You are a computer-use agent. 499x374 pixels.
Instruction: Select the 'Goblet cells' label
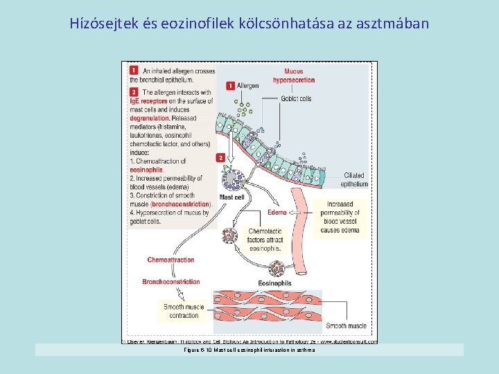(x=296, y=99)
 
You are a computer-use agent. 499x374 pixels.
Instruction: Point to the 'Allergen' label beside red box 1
(x=247, y=86)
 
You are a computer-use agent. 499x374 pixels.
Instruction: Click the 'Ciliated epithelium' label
(x=353, y=180)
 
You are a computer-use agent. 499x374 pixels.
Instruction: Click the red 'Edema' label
(x=277, y=212)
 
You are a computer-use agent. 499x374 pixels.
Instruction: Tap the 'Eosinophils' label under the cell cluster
(x=274, y=284)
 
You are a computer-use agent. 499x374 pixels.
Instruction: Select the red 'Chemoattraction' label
(x=170, y=260)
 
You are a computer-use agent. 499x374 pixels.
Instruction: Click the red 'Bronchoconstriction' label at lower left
(x=170, y=282)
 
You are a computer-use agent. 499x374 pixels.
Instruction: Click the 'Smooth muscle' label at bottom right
(x=346, y=326)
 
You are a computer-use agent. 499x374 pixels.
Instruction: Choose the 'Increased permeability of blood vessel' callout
(x=340, y=217)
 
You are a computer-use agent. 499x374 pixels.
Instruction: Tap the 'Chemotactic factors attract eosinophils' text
(x=264, y=240)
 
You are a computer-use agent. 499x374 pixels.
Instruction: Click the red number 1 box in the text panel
(x=132, y=70)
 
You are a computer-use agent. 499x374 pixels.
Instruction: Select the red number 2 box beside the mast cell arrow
(x=220, y=158)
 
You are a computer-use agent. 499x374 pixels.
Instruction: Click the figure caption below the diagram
(x=249, y=350)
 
